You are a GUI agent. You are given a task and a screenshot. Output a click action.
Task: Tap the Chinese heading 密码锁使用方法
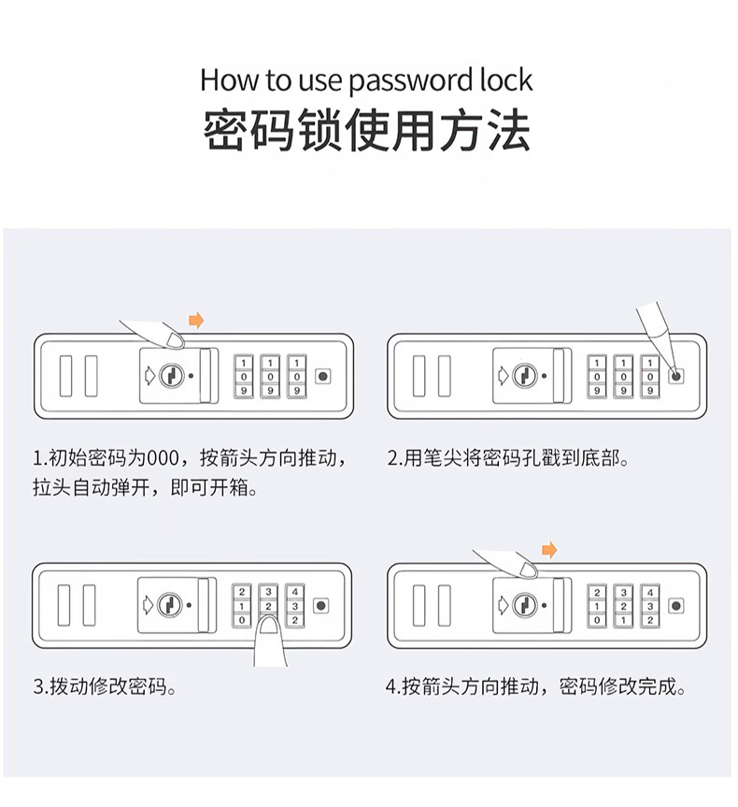[368, 131]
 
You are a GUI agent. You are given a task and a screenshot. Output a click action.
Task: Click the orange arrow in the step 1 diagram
[196, 321]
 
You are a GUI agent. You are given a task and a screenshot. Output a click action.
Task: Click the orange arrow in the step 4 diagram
[549, 549]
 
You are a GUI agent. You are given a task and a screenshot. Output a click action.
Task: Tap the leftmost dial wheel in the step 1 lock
[243, 376]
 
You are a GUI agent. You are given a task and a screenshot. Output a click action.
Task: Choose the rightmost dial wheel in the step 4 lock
[648, 605]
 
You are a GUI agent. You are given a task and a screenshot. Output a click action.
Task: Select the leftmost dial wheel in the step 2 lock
[596, 376]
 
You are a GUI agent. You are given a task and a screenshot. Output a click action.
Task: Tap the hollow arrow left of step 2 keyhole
[504, 376]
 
